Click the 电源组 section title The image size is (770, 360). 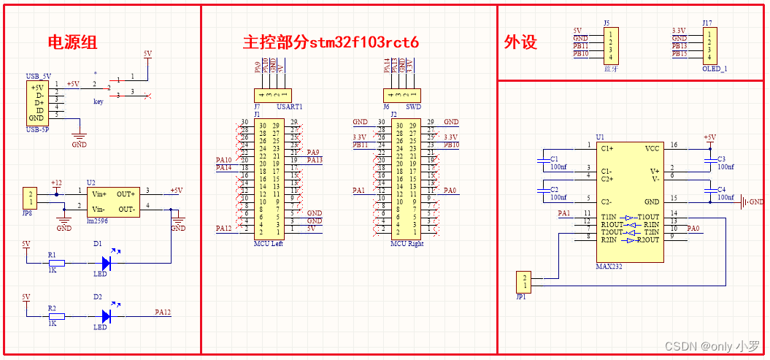72,42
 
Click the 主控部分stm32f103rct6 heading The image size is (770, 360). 331,42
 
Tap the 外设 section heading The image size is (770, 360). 520,42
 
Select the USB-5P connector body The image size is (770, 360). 36,102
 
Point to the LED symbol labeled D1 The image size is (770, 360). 107,262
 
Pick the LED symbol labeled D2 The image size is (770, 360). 107,316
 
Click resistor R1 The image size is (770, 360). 56,263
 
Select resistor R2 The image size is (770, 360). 56,316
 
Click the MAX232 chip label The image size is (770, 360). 608,267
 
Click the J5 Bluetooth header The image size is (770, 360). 609,45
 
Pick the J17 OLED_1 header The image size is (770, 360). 707,45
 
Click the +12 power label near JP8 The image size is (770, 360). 55,183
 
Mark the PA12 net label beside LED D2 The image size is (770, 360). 163,313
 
